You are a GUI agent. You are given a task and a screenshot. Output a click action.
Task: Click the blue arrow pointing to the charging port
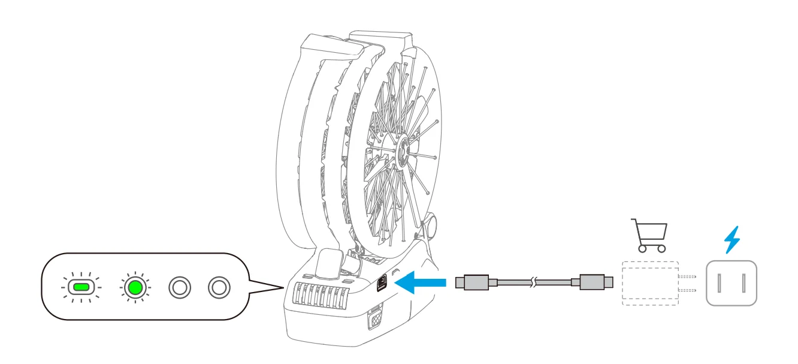(x=422, y=281)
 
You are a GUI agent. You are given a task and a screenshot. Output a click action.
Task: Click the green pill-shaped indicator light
(x=80, y=287)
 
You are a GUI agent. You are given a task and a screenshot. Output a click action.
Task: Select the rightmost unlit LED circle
(x=219, y=287)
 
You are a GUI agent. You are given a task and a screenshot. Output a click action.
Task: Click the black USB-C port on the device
(x=382, y=282)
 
